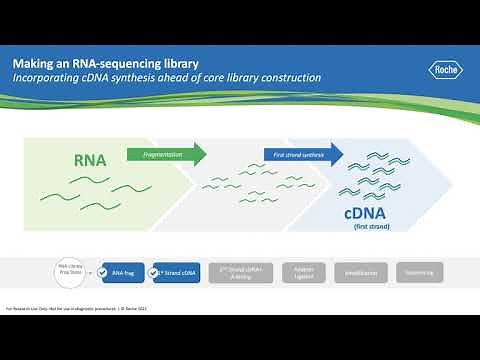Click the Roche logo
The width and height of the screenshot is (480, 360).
tap(445, 70)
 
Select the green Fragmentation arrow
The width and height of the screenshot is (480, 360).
tap(167, 154)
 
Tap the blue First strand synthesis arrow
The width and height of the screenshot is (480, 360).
tap(303, 154)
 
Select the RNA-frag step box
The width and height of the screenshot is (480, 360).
tap(124, 271)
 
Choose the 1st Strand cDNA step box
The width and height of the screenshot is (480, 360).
tap(176, 271)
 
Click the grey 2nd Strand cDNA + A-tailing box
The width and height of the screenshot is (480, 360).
tap(238, 271)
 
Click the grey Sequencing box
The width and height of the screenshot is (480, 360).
tap(420, 271)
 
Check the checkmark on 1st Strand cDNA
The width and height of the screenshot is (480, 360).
tap(155, 271)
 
